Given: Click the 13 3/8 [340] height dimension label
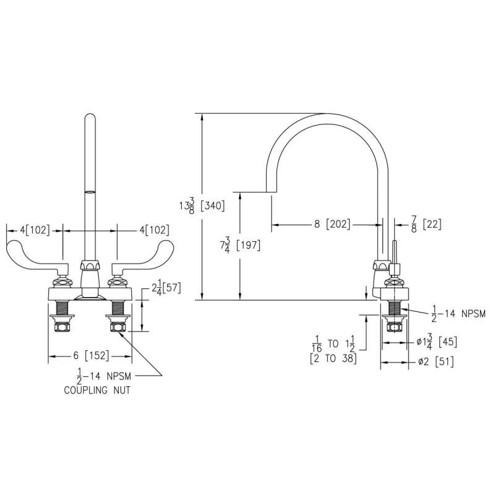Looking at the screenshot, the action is click(202, 206).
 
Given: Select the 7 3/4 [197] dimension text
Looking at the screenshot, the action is click(241, 245).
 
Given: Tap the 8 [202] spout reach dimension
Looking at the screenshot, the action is click(332, 225).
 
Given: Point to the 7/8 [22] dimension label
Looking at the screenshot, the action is click(426, 225).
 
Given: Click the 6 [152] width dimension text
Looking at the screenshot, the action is click(91, 356).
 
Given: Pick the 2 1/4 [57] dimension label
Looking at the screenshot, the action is click(166, 288).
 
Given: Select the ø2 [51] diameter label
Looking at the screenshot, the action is click(436, 362).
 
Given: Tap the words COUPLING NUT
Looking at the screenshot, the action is click(97, 390).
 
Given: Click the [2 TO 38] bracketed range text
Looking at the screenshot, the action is click(334, 358).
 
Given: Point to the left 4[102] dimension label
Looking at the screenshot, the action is click(35, 230).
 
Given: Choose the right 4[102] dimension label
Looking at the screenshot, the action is click(154, 230).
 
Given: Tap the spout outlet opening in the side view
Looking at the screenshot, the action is click(272, 192).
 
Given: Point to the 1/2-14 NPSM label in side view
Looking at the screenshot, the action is click(458, 314).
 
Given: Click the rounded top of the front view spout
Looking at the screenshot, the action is click(90, 118).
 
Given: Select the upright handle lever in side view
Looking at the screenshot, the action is click(394, 253).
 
